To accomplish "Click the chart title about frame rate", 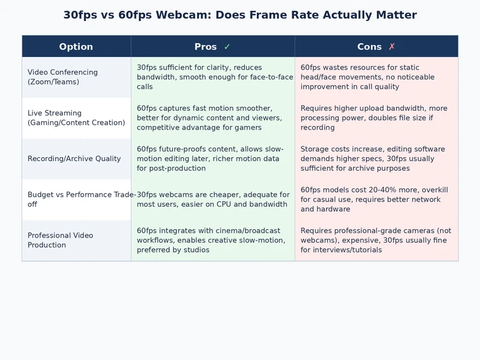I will pyautogui.click(x=240, y=15).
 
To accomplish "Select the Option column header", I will pyautogui.click(x=76, y=47).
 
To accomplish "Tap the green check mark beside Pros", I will pyautogui.click(x=227, y=47).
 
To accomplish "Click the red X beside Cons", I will pyautogui.click(x=392, y=47).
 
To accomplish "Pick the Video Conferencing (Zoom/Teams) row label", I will pyautogui.click(x=62, y=77).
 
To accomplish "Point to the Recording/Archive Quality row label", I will pyautogui.click(x=74, y=159).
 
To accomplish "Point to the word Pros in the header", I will pyautogui.click(x=206, y=47).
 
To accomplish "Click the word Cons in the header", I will pyautogui.click(x=369, y=47).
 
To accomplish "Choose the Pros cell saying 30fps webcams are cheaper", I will pyautogui.click(x=213, y=199).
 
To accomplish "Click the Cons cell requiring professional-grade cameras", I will pyautogui.click(x=376, y=240).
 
